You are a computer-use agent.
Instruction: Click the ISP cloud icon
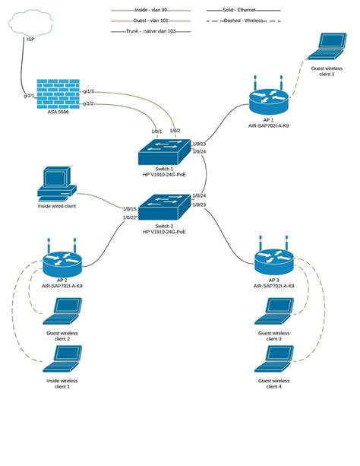[x=31, y=24]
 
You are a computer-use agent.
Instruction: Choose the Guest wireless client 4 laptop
[x=274, y=360]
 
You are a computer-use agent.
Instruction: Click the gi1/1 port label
[x=28, y=97]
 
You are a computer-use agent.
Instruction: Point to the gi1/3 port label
[x=88, y=91]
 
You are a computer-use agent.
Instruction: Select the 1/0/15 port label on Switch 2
[x=128, y=208]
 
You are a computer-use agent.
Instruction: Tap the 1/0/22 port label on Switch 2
[x=128, y=218]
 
